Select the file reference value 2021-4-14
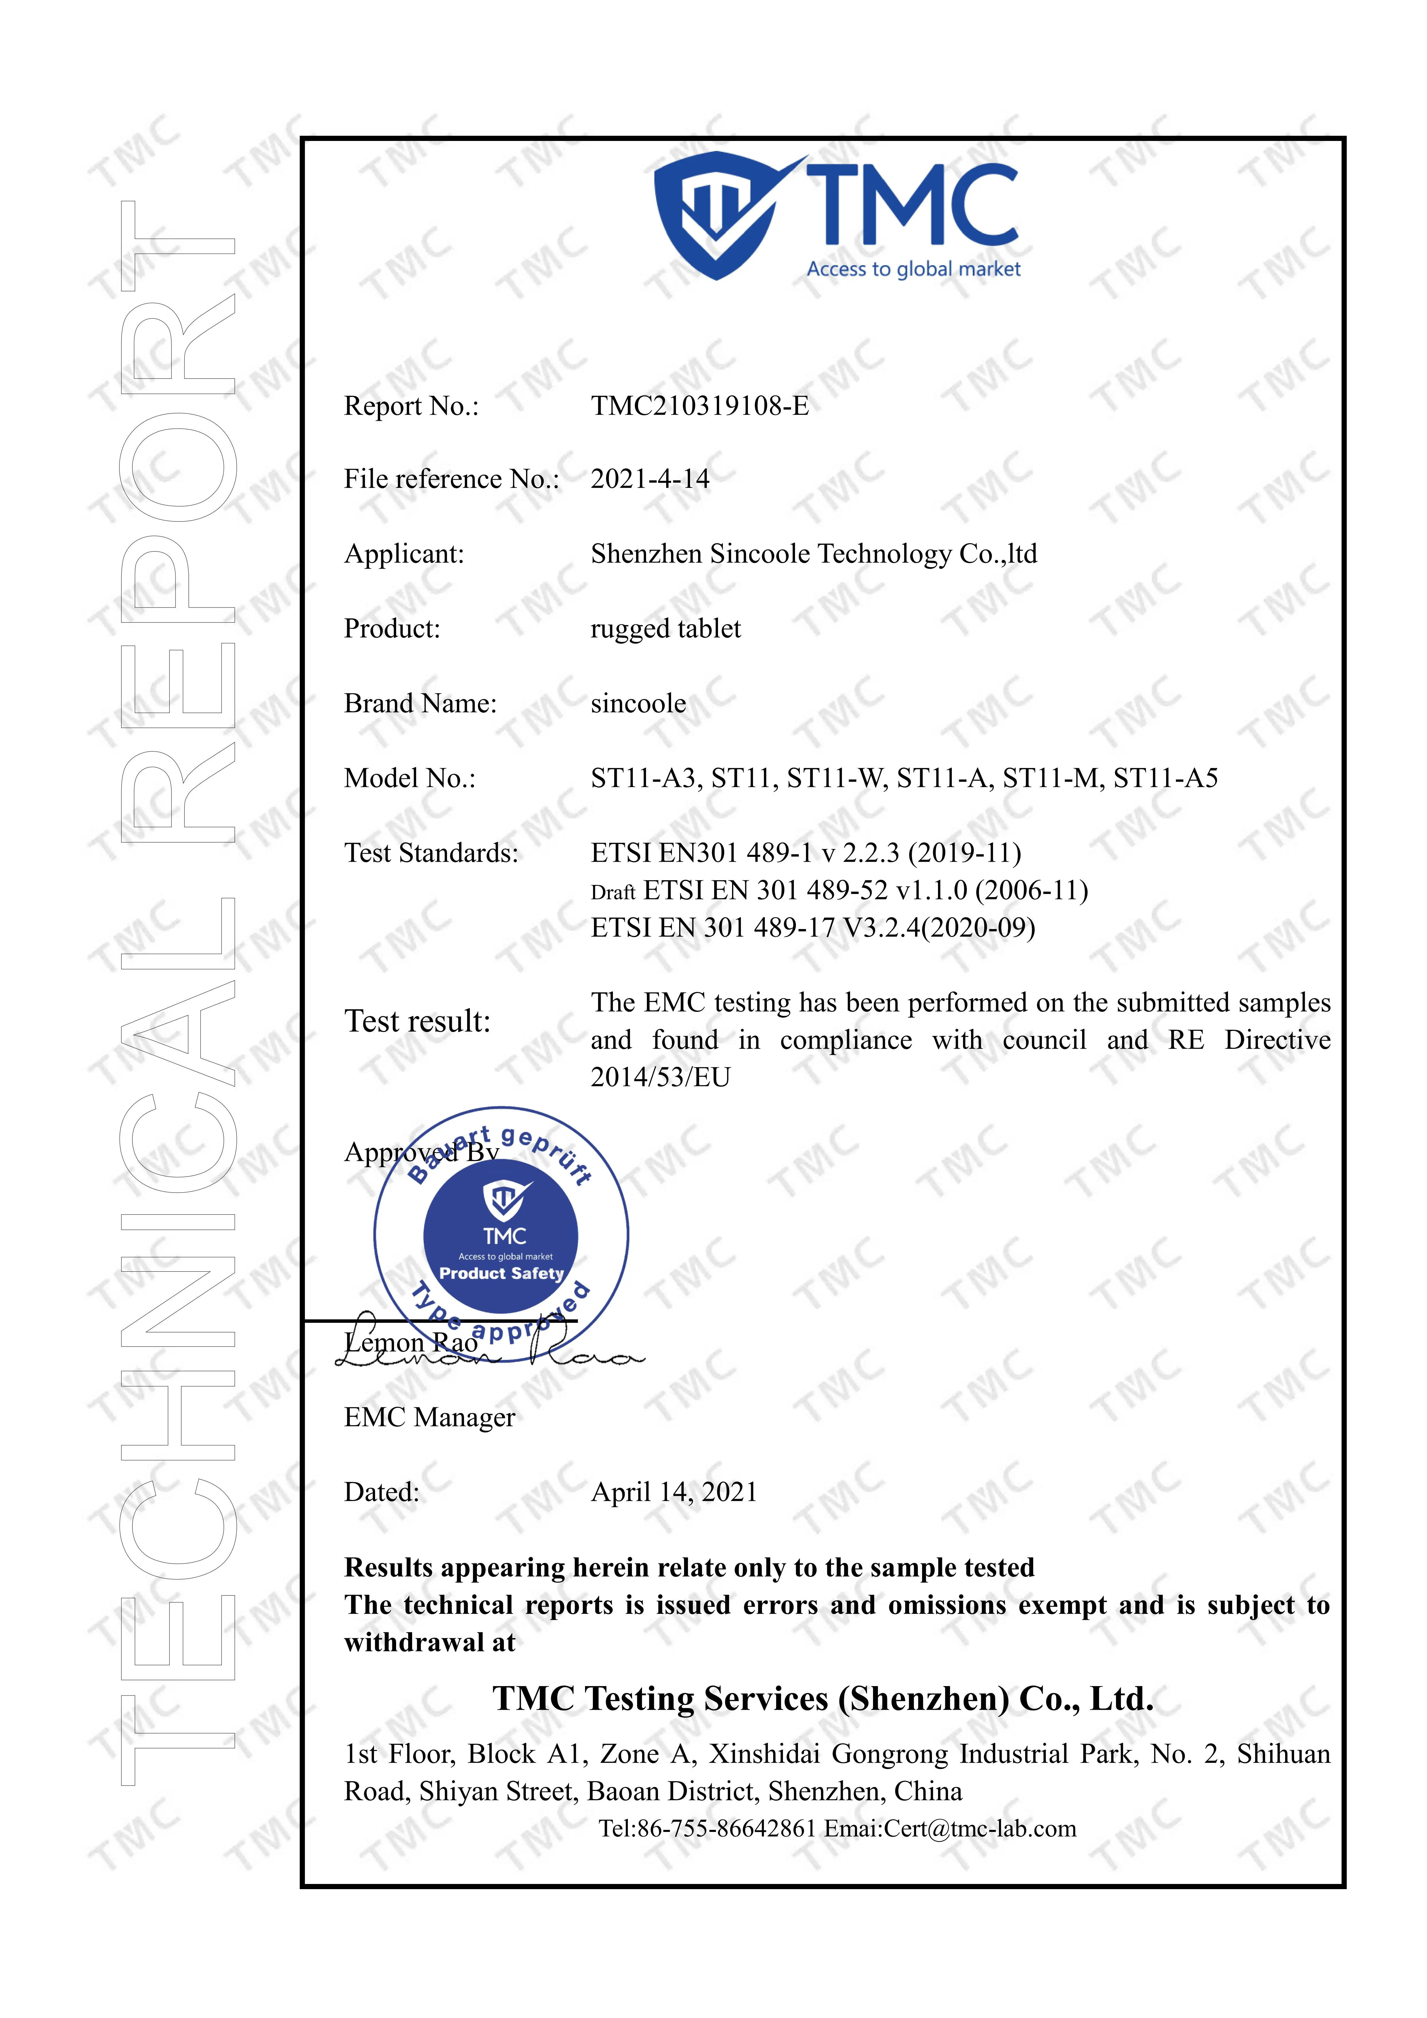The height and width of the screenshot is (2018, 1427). coord(650,479)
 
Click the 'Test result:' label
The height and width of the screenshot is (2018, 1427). coord(417,1021)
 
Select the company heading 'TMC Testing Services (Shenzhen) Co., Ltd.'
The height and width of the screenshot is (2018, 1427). coord(822,1699)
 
